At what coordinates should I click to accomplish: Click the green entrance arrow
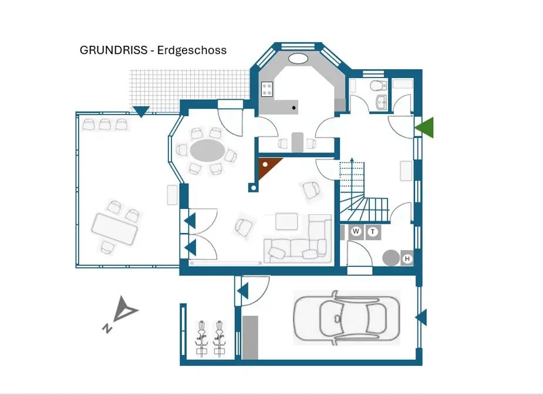pos(425,127)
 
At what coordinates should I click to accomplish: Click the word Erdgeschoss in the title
pos(192,50)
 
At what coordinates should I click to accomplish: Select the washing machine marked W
pos(356,231)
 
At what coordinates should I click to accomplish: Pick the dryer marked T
pos(373,231)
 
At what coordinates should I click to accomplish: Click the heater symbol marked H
pos(407,258)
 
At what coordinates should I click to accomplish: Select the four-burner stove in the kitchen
pos(268,89)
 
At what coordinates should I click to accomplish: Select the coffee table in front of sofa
pos(288,221)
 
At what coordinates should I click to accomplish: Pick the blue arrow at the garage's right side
pos(421,318)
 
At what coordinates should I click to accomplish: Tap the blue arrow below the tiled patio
pos(141,111)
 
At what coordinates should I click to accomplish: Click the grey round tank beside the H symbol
pos(390,257)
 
